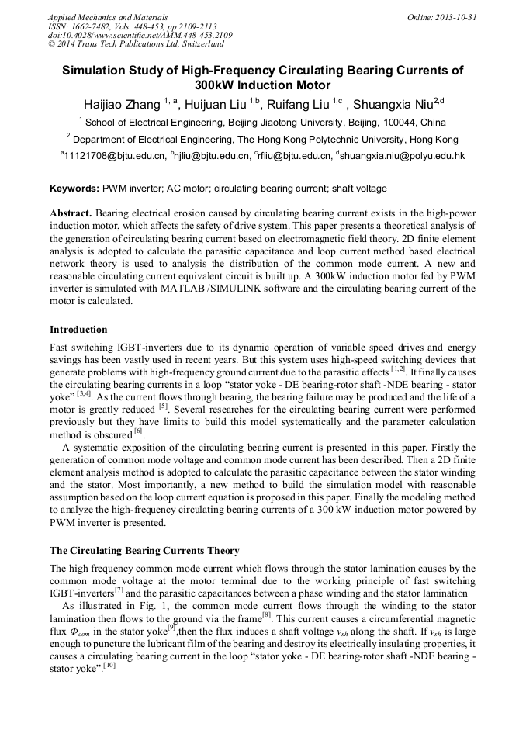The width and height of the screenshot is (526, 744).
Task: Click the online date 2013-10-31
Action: tap(454, 16)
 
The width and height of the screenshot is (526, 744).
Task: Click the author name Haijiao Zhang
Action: tap(123, 103)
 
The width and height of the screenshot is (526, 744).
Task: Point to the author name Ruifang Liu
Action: tap(297, 103)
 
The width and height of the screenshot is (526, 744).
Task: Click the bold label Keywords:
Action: tap(74, 189)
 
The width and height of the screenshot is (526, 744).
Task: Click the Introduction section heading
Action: tap(78, 330)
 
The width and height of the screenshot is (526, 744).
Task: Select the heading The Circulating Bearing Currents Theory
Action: tap(144, 551)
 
